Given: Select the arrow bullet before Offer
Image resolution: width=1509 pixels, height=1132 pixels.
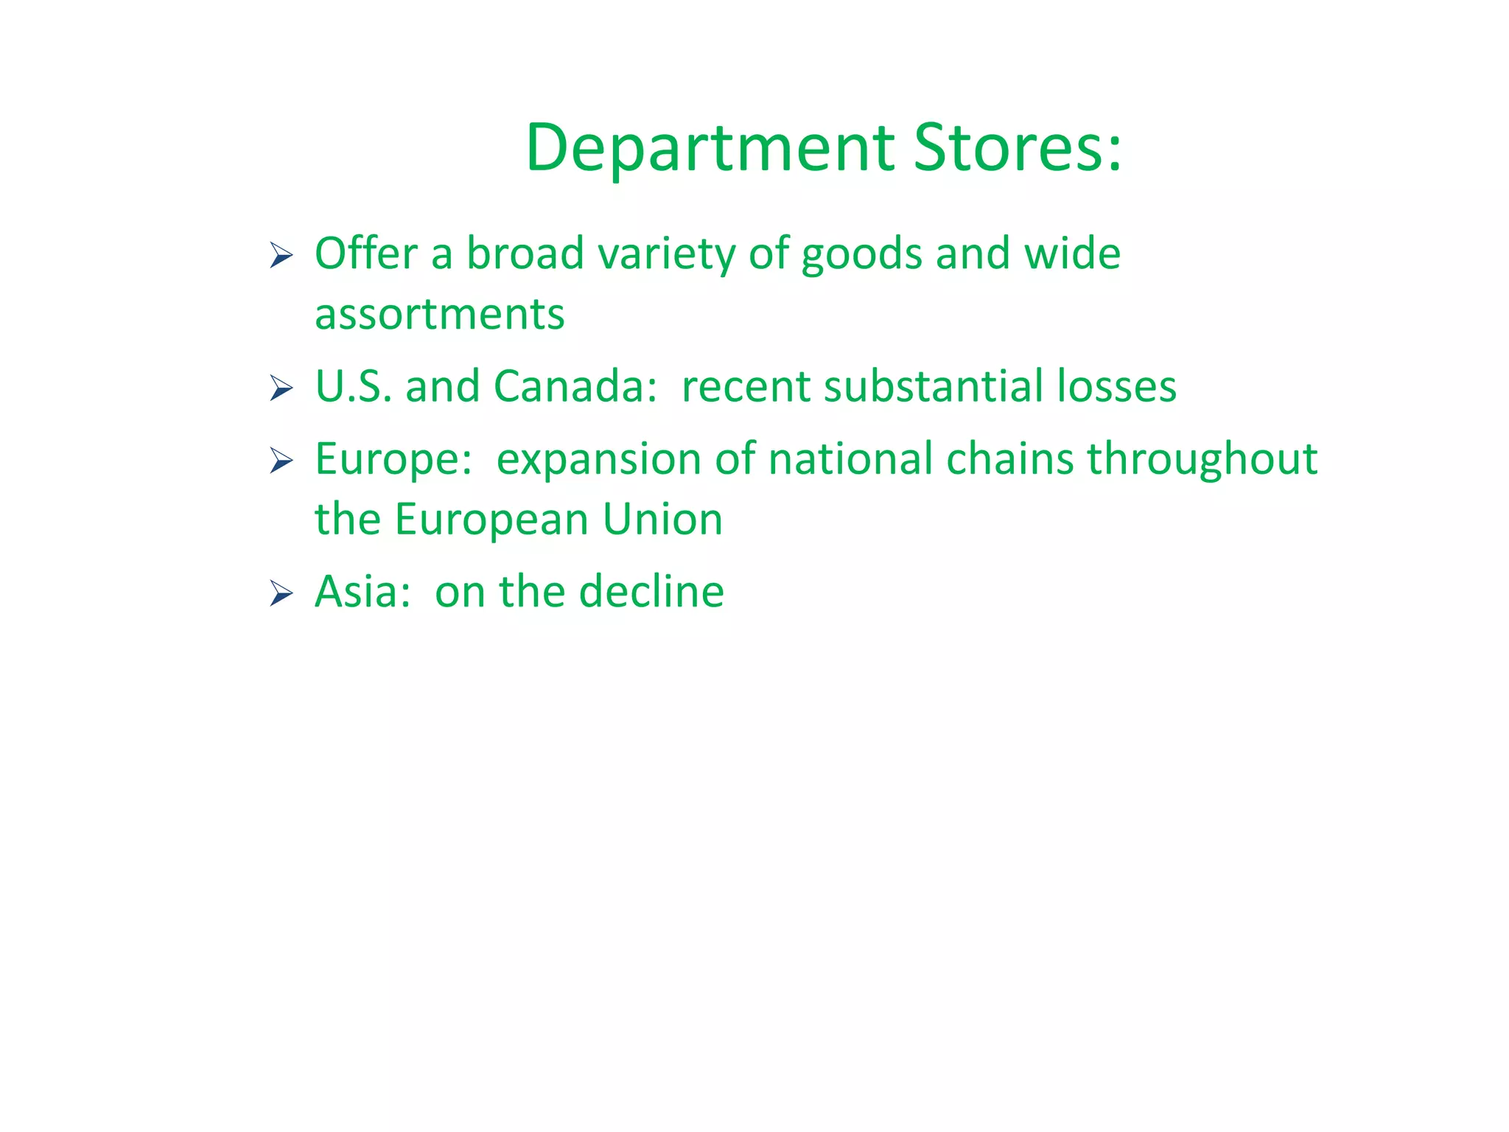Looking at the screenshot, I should [281, 256].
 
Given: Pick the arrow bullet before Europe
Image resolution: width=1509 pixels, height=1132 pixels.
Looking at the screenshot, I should [281, 461].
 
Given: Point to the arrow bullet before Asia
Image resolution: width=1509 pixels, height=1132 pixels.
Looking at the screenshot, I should [281, 593].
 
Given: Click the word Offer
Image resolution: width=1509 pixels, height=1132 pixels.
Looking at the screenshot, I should [366, 254].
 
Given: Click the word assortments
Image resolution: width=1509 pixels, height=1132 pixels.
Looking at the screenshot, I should [440, 315].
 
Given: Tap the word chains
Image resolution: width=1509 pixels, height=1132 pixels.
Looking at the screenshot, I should [1010, 459].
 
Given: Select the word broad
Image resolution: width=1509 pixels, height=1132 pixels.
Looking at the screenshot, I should [525, 254].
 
